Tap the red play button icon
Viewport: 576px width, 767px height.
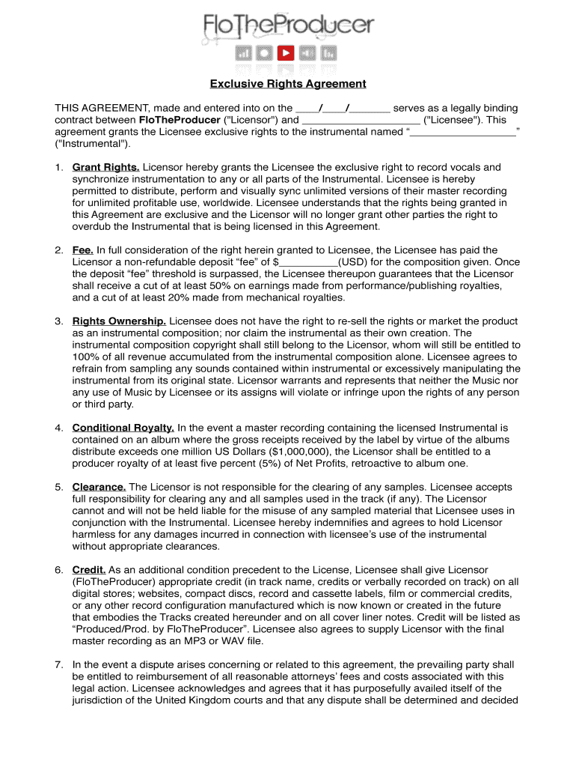pos(286,53)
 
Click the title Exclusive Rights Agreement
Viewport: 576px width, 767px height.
pos(288,84)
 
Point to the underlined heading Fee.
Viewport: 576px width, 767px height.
pos(82,250)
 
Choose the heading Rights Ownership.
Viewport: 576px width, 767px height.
pos(119,321)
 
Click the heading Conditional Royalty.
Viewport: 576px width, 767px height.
pos(123,428)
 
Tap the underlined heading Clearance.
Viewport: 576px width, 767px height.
pos(99,487)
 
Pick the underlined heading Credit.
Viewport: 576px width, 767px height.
pos(89,570)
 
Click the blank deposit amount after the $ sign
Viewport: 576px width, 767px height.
pos(308,262)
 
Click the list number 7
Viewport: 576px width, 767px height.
pos(58,665)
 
